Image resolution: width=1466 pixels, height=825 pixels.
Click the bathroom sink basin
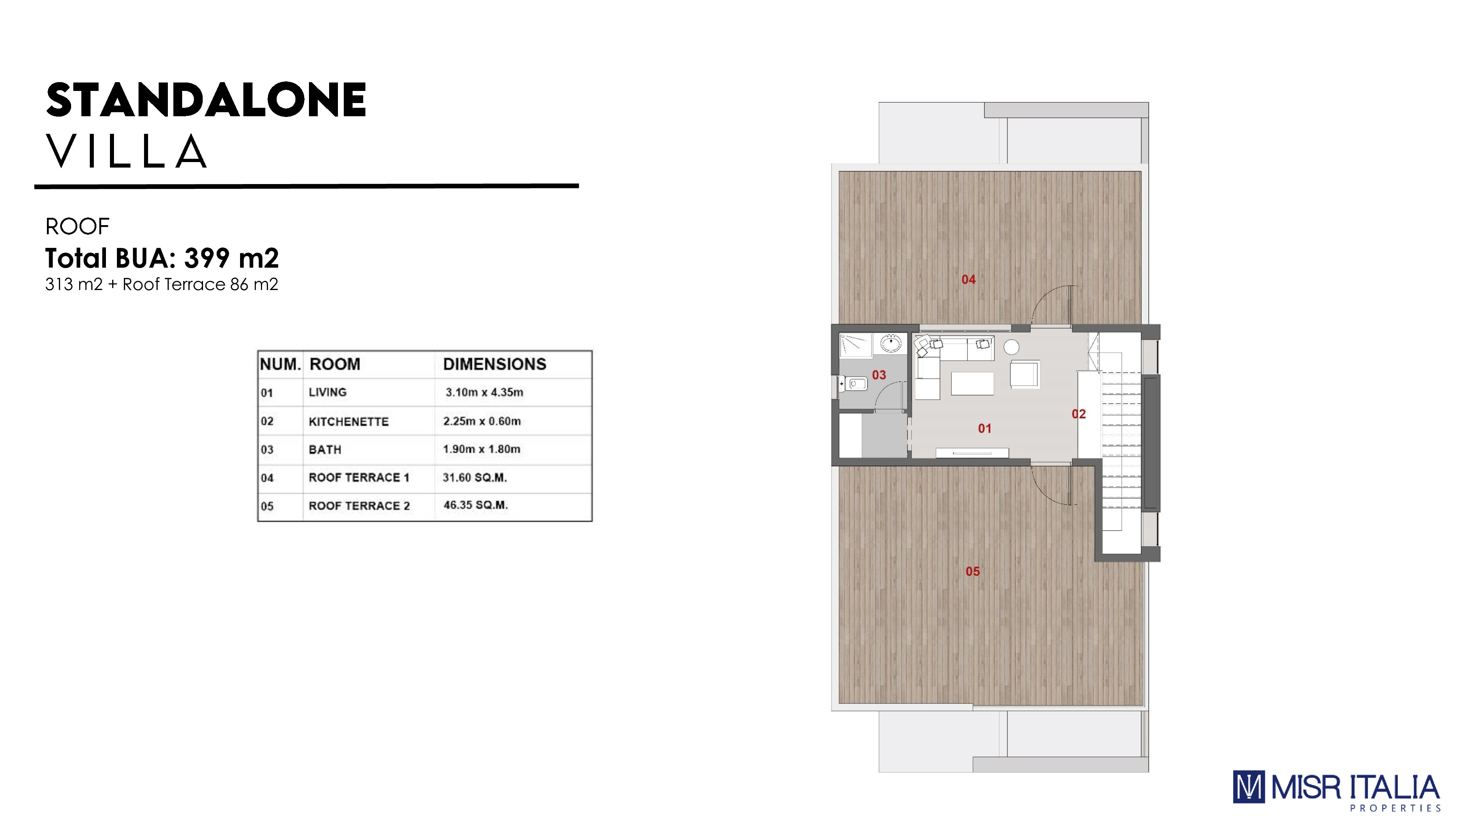coord(890,344)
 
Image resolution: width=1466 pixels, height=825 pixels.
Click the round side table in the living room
coord(1011,347)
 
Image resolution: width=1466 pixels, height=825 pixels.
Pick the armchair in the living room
coord(1024,375)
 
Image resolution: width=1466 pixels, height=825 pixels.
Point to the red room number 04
coord(969,279)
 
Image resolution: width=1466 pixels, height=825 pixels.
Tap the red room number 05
coord(973,571)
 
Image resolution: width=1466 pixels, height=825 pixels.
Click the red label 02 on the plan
coord(1079,414)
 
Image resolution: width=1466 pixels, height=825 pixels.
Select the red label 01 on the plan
coord(984,428)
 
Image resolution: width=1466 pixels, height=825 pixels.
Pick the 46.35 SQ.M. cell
coord(475,505)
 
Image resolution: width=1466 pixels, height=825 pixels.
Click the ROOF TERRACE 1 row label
coord(358,478)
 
